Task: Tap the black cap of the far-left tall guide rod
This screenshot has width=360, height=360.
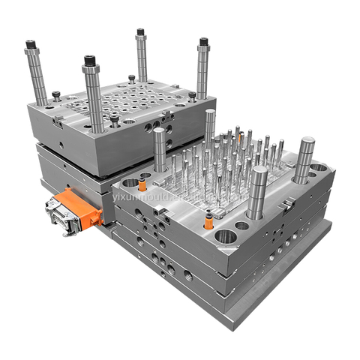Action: (x=31, y=45)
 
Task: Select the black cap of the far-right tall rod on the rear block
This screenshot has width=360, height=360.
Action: (x=202, y=42)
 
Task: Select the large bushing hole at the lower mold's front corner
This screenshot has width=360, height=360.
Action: (x=224, y=238)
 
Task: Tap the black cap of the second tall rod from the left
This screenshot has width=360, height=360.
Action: (x=91, y=61)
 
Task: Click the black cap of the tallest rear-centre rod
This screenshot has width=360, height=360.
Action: (x=139, y=34)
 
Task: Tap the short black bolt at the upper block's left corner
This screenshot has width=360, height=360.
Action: (x=55, y=95)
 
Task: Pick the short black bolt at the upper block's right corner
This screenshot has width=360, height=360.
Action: (x=192, y=95)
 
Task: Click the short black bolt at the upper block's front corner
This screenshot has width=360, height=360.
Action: (x=114, y=118)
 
